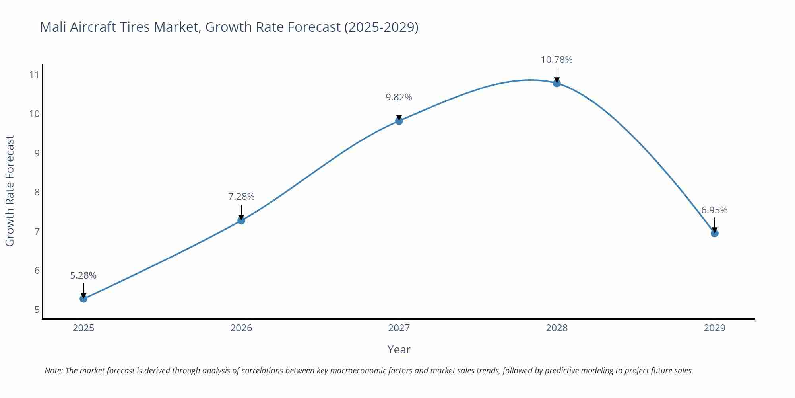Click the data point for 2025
83,298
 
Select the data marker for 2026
241,220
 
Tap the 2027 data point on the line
399,121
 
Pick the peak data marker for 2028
557,83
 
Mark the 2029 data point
714,233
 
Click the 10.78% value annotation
556,60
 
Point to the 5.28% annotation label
83,275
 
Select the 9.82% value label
399,97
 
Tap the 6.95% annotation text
714,210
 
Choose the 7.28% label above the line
241,197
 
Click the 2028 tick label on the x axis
556,328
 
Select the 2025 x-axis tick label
83,328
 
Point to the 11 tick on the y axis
35,75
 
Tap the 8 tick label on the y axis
37,192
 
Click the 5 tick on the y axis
37,310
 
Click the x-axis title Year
399,349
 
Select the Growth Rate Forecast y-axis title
10,191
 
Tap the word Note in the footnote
53,371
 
